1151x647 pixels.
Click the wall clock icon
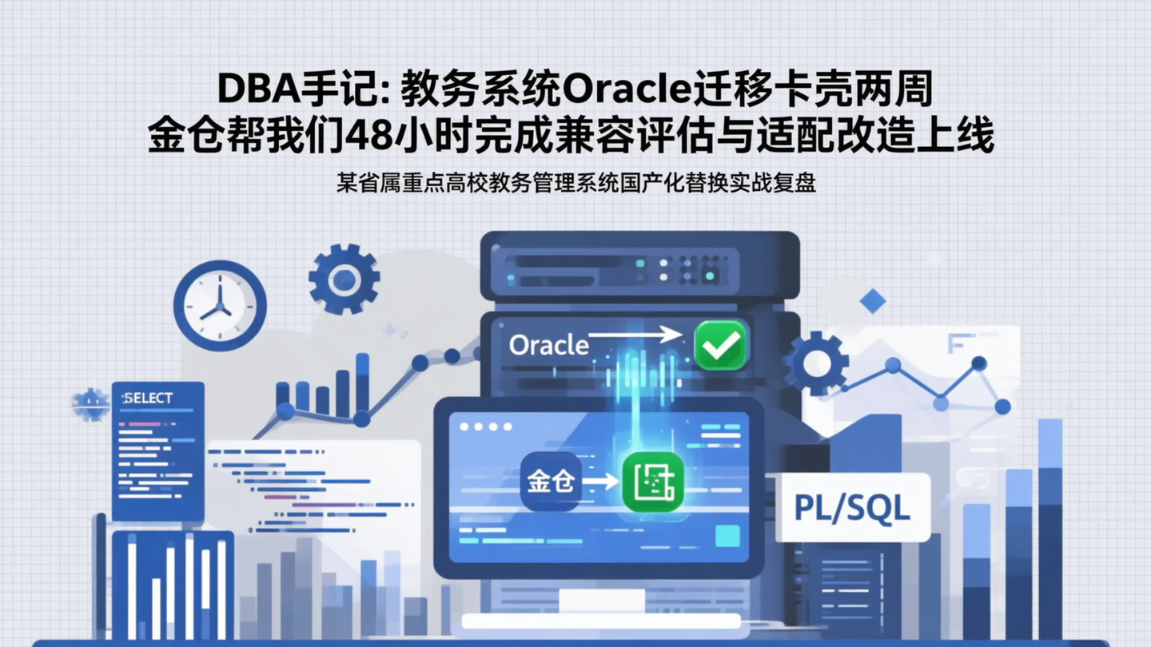tap(220, 306)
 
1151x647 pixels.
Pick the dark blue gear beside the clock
tap(344, 279)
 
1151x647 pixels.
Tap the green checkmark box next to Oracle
tap(720, 344)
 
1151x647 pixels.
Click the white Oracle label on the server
tap(548, 345)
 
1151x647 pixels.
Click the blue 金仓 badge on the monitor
tap(550, 482)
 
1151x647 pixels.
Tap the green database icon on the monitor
tap(653, 482)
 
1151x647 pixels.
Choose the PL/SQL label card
tap(852, 508)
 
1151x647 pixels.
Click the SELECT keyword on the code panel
tap(148, 398)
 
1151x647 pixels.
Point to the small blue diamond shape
tap(872, 301)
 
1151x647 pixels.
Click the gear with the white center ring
tap(816, 363)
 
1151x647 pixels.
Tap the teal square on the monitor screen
tap(727, 536)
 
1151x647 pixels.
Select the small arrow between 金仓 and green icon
tap(601, 482)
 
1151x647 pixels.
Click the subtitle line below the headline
tap(575, 183)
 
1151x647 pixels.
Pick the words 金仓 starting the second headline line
tap(181, 137)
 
